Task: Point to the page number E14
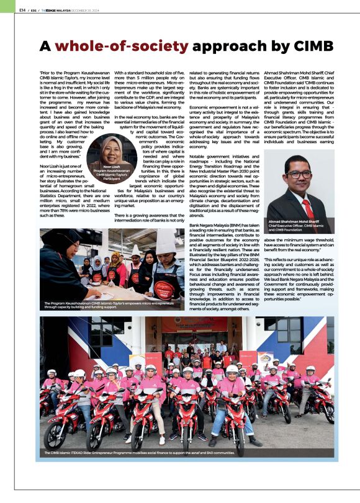pos(22,10)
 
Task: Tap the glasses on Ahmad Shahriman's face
pos(300,175)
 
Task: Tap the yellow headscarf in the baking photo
pos(114,259)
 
